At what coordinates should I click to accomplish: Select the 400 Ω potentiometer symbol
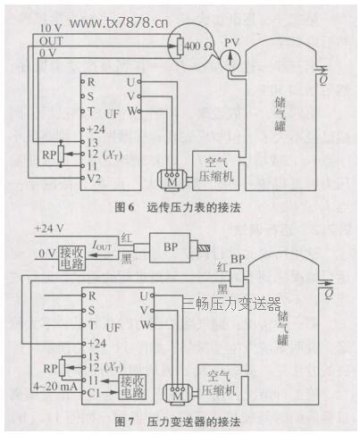190,43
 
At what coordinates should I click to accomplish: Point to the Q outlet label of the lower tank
330,291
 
